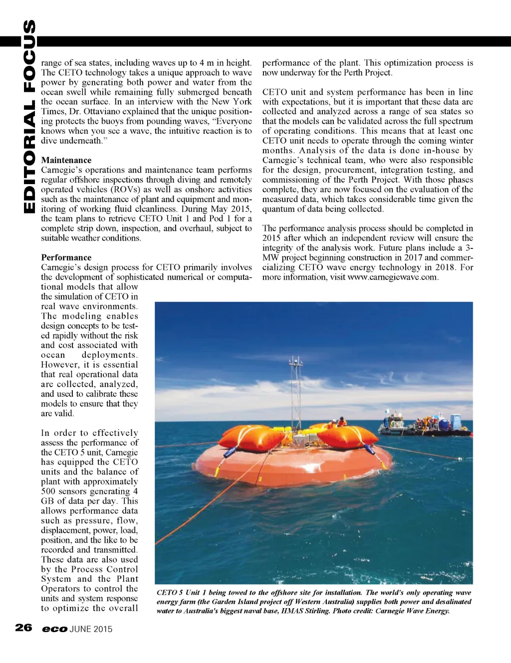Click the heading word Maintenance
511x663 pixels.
(66, 160)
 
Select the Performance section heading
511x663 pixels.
(66, 257)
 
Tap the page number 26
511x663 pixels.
(23, 628)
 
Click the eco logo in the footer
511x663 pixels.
(54, 629)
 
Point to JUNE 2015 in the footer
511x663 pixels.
(91, 629)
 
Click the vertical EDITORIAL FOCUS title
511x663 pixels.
(29, 116)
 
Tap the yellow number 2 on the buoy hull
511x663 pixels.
(259, 479)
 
